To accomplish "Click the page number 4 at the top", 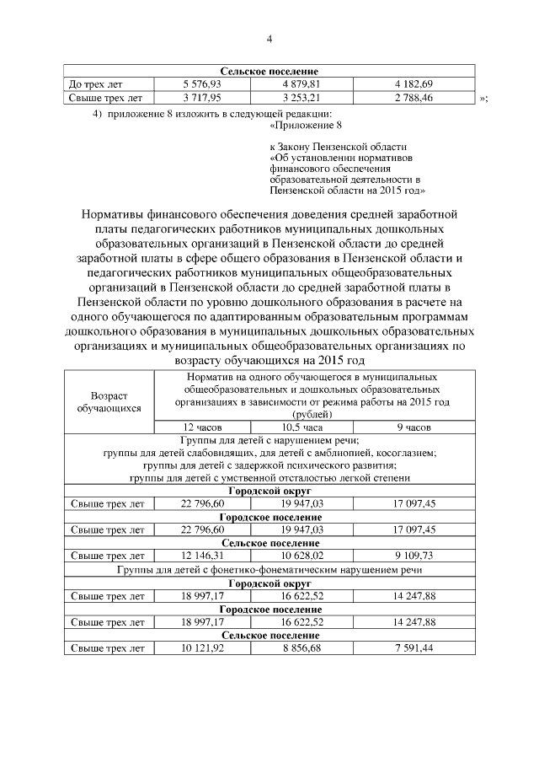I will (269, 38).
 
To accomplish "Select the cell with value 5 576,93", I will (201, 84).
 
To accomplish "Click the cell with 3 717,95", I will (201, 98).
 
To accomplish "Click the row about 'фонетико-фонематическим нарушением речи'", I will (269, 569).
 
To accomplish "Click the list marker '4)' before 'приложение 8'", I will (97, 113).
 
